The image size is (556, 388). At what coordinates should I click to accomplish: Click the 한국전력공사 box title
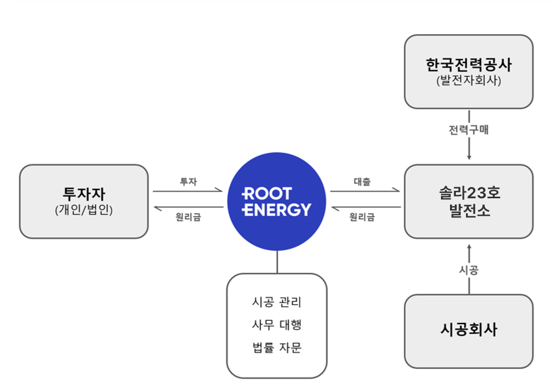pyautogui.click(x=469, y=64)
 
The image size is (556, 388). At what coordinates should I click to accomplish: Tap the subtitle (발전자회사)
pyautogui.click(x=469, y=80)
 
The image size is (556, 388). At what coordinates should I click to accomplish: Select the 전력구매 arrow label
pyautogui.click(x=469, y=130)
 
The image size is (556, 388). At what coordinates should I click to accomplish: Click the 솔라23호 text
pyautogui.click(x=470, y=193)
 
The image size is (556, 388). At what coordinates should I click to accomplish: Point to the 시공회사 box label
pyautogui.click(x=469, y=329)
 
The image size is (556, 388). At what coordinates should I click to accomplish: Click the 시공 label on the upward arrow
pyautogui.click(x=469, y=270)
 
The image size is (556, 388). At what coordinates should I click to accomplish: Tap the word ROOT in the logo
pyautogui.click(x=267, y=194)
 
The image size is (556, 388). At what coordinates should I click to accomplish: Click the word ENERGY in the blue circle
pyautogui.click(x=276, y=209)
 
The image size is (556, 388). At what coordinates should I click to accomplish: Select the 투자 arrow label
pyautogui.click(x=189, y=182)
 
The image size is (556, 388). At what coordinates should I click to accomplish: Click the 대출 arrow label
pyautogui.click(x=362, y=182)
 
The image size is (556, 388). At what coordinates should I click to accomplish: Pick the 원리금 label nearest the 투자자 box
pyautogui.click(x=189, y=217)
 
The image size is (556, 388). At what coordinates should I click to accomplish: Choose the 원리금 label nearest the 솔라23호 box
pyautogui.click(x=362, y=217)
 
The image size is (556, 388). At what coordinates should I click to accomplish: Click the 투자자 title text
pyautogui.click(x=84, y=194)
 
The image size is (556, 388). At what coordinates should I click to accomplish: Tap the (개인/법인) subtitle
pyautogui.click(x=84, y=210)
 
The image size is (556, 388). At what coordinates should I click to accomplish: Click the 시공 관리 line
pyautogui.click(x=276, y=302)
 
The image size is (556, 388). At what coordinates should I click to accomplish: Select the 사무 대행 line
pyautogui.click(x=276, y=325)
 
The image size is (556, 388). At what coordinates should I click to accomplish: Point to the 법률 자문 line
pyautogui.click(x=276, y=347)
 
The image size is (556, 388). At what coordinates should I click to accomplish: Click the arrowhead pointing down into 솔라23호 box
pyautogui.click(x=469, y=157)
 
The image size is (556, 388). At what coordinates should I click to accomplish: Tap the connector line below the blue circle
pyautogui.click(x=277, y=262)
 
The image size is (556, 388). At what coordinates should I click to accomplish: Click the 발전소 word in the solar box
pyautogui.click(x=470, y=211)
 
